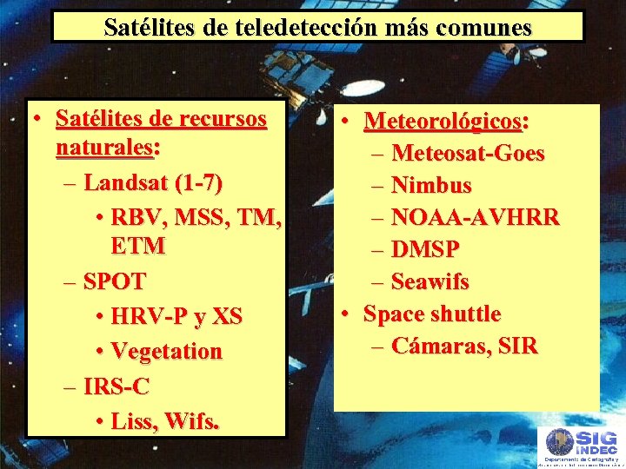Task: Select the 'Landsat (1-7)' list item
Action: (x=153, y=183)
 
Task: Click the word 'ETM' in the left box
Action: (x=137, y=246)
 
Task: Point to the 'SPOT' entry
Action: (x=114, y=281)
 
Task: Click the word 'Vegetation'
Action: (x=166, y=352)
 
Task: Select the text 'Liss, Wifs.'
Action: (x=165, y=422)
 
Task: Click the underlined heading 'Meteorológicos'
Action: (x=443, y=120)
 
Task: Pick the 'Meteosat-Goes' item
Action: (x=468, y=154)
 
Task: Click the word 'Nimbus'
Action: (x=431, y=185)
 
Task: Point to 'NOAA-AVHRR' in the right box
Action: (x=475, y=217)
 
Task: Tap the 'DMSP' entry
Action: (x=425, y=249)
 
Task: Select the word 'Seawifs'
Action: (x=430, y=281)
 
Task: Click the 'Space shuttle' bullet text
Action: (x=431, y=313)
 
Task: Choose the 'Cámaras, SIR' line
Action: (x=464, y=346)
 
